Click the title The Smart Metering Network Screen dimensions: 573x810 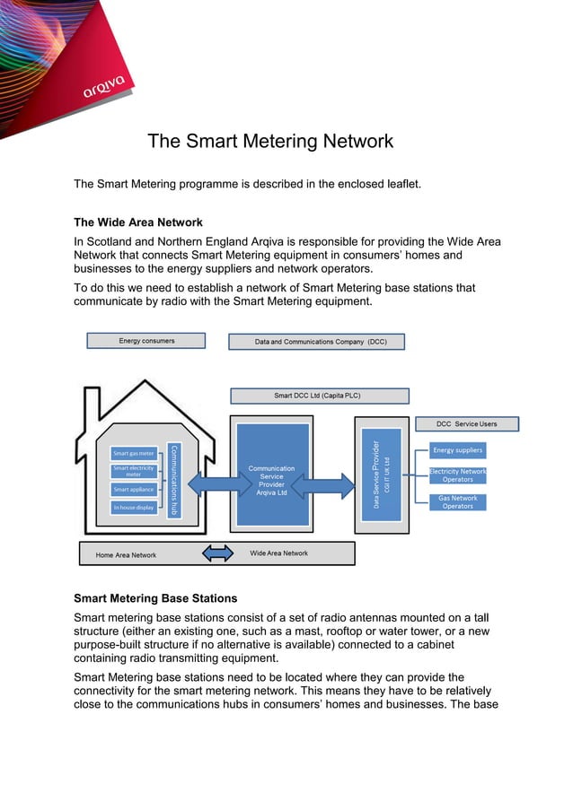(270, 141)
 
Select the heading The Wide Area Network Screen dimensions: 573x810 (138, 222)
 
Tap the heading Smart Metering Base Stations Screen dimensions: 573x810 (155, 597)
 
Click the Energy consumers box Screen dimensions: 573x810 (145, 341)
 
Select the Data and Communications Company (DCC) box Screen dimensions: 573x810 (316, 342)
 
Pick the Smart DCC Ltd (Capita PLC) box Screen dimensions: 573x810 (319, 396)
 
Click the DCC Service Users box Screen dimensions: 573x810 (466, 423)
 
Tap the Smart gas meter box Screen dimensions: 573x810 (134, 453)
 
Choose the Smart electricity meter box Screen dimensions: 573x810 (134, 471)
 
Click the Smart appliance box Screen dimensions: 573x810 (134, 490)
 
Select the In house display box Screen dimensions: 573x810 (134, 508)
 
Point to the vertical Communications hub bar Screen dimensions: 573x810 (174, 481)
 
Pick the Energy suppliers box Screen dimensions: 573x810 (457, 450)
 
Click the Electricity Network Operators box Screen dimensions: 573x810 (457, 475)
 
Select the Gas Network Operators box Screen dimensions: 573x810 (457, 502)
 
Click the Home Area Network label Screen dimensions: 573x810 (126, 555)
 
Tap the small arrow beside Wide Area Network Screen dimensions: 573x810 (217, 553)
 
